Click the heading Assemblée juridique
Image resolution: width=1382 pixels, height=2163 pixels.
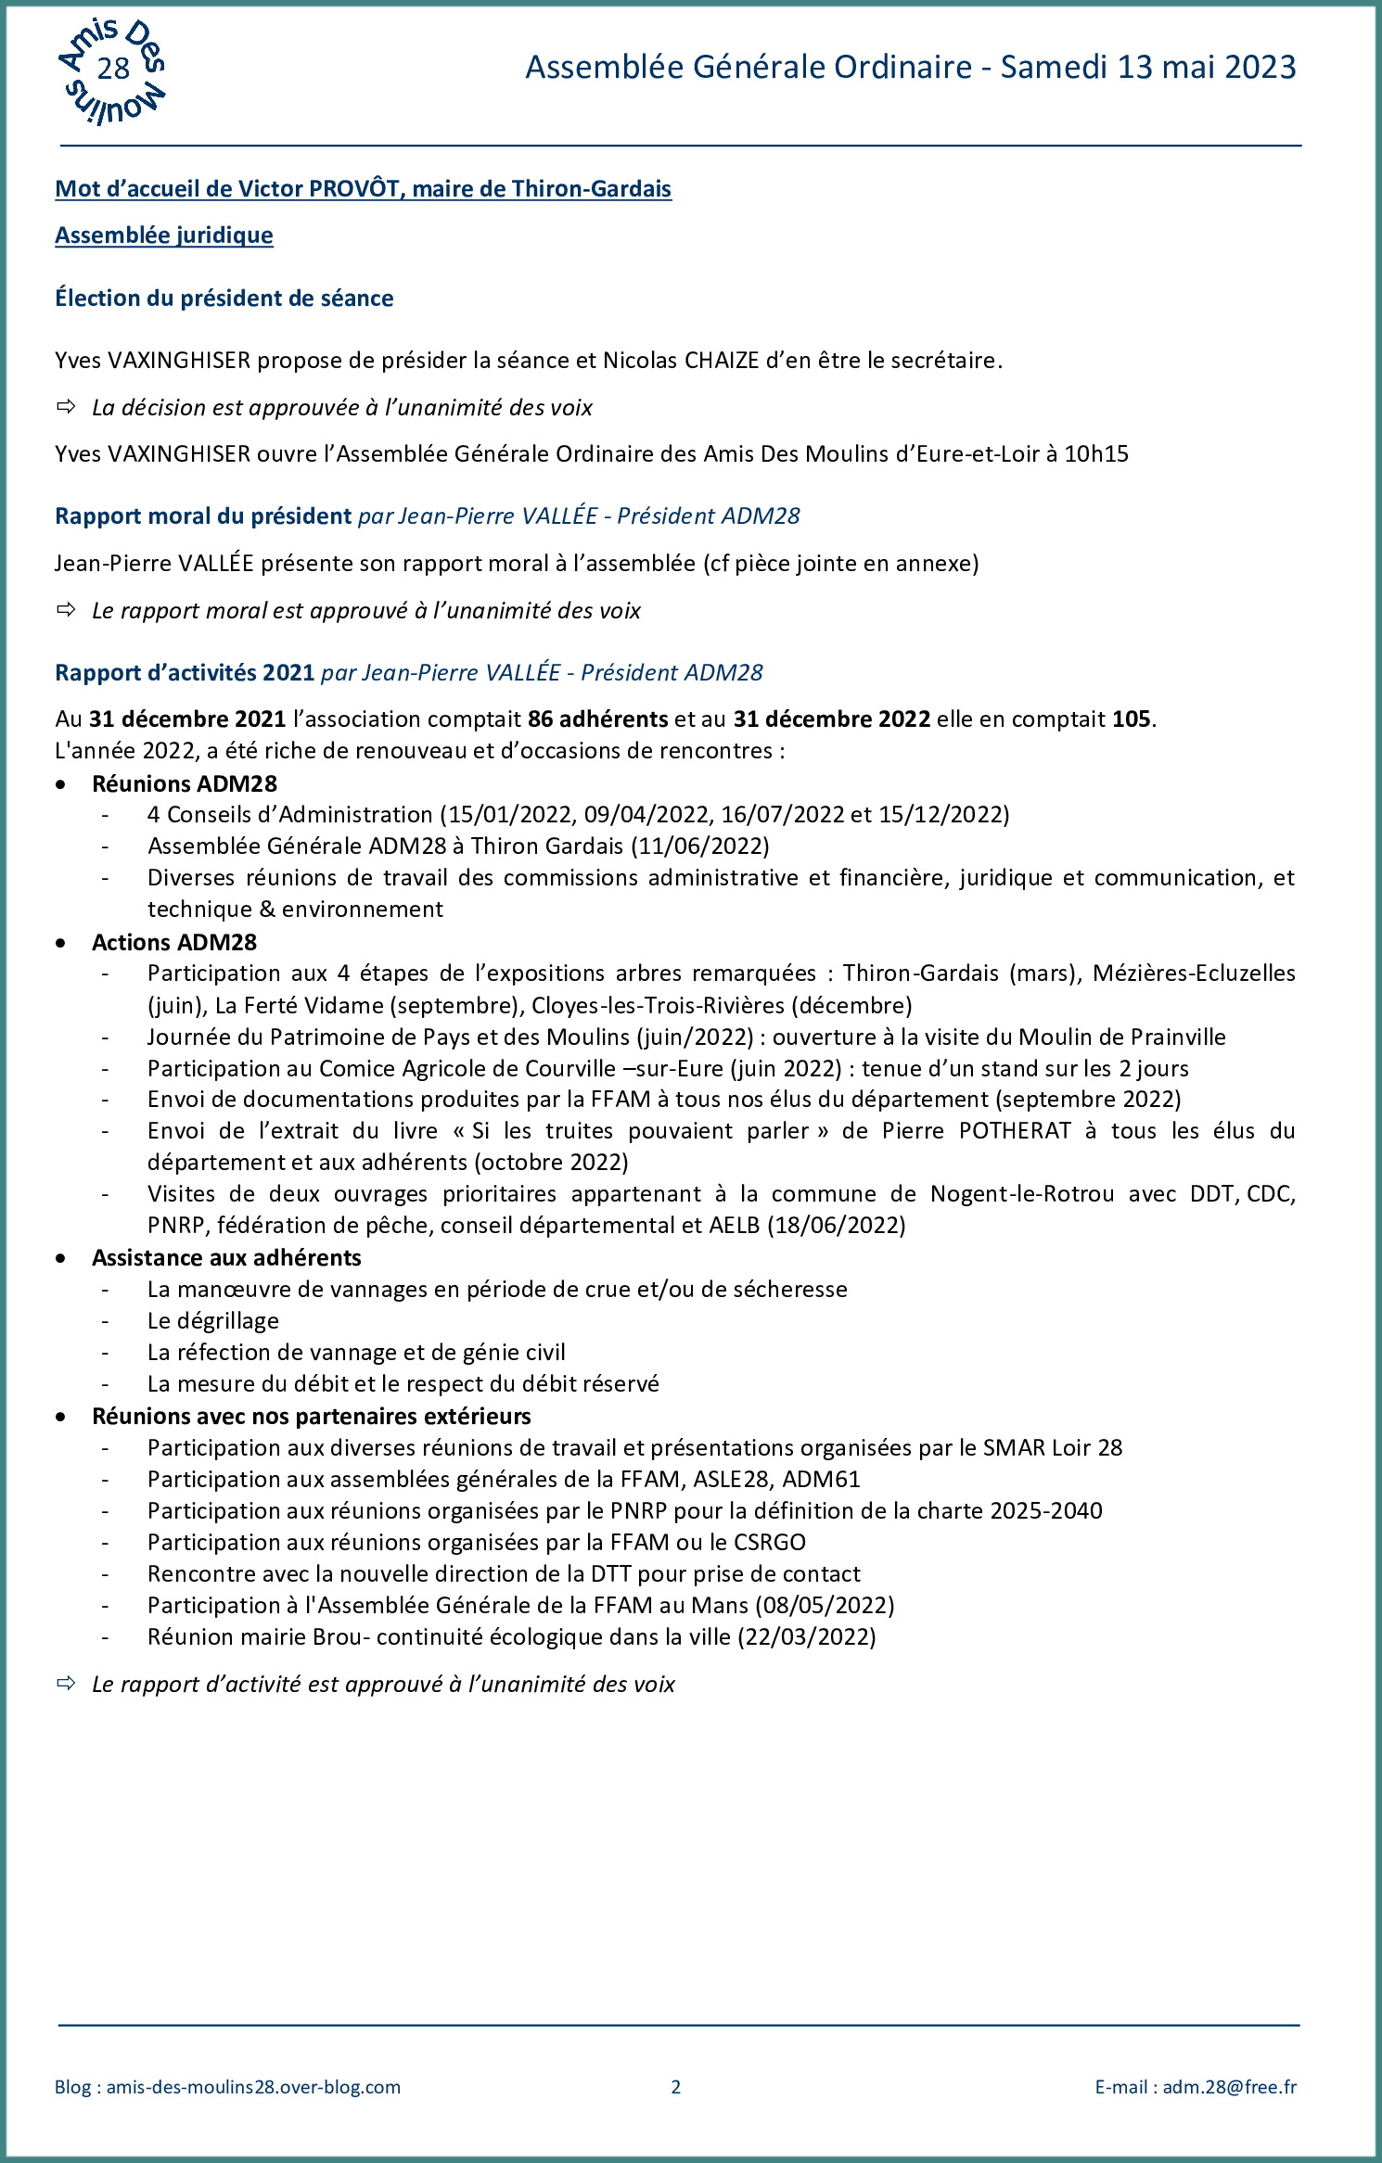point(164,235)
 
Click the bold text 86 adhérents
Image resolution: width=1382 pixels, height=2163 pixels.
point(597,719)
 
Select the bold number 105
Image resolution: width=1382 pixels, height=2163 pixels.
point(1131,719)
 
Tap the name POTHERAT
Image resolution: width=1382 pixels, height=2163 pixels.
point(1015,1130)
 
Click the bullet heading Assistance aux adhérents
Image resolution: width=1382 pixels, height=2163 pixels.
point(226,1257)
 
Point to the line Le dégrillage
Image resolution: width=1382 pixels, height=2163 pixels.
point(212,1320)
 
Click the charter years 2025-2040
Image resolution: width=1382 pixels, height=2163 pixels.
point(1045,1510)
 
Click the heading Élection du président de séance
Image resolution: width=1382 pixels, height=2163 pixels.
point(224,298)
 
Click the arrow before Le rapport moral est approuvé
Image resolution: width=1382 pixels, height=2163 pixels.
point(66,610)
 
